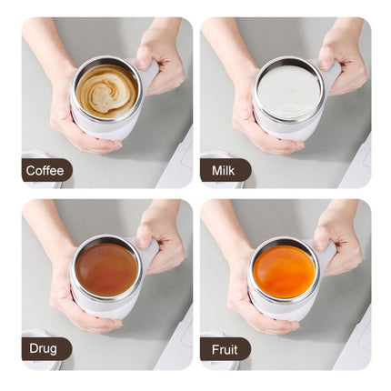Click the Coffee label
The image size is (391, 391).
45,171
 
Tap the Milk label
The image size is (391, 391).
223,171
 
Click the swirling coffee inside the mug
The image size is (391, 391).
106,88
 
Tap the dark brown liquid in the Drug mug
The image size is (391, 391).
106,269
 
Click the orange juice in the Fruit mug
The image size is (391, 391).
285,269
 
